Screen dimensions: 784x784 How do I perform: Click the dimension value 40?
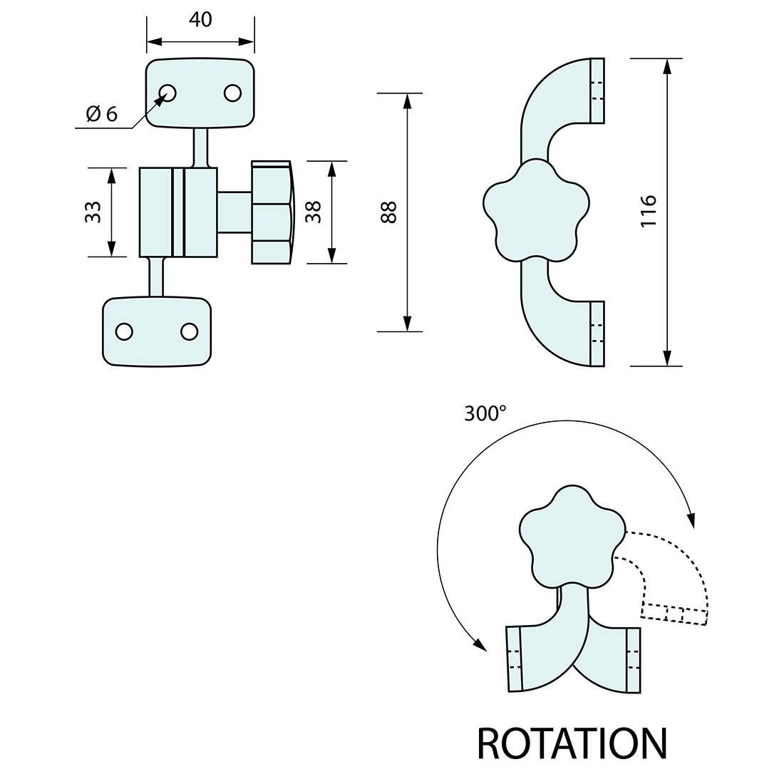200,20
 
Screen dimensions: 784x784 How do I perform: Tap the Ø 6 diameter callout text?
101,114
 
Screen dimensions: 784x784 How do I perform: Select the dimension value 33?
93,212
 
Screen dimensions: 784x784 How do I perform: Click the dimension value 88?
388,212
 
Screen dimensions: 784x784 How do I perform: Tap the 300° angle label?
485,414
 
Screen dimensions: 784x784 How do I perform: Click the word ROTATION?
572,744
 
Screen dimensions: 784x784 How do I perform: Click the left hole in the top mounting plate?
167,93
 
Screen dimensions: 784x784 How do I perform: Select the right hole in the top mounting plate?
232,93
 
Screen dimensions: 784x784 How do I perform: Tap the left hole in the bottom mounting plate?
124,331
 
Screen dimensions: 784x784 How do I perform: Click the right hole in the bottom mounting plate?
189,331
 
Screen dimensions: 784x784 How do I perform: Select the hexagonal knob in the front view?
271,212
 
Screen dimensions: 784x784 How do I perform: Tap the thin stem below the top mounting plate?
201,147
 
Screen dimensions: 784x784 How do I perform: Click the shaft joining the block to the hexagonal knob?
234,212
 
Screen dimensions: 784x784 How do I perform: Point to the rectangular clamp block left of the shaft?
178,212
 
